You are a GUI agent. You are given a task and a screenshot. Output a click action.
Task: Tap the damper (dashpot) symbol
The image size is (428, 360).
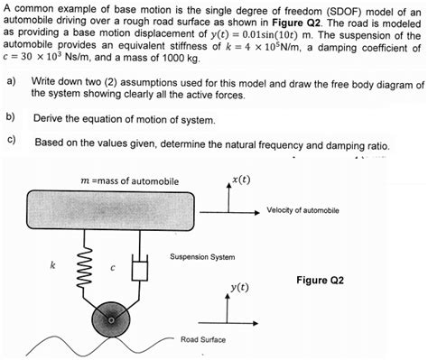click(x=140, y=268)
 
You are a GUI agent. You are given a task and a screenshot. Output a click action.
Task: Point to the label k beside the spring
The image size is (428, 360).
click(x=52, y=266)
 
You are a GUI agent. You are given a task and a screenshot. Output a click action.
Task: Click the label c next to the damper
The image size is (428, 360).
click(x=113, y=266)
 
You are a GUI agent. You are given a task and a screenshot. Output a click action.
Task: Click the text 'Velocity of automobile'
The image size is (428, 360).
click(x=302, y=210)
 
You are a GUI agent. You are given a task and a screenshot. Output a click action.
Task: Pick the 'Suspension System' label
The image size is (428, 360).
click(x=202, y=257)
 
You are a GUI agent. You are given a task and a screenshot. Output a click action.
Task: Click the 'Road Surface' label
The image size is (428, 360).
click(x=202, y=340)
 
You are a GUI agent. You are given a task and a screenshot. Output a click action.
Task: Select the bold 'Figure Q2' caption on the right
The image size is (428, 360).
click(x=320, y=280)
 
